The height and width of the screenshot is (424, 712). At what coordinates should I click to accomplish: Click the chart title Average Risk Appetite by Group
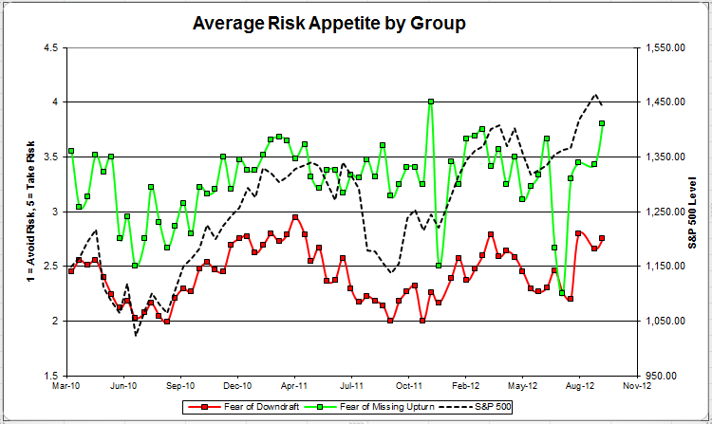tap(329, 23)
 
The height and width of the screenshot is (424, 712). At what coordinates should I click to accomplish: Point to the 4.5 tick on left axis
tap(52, 47)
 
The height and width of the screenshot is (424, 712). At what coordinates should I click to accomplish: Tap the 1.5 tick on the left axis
tap(52, 376)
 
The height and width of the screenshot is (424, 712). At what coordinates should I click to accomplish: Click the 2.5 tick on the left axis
tap(52, 267)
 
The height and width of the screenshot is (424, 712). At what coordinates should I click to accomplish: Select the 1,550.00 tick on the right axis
tap(665, 47)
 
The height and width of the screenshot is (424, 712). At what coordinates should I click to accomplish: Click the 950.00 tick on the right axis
tap(669, 376)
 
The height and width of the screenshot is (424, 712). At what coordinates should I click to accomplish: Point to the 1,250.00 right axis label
tap(665, 212)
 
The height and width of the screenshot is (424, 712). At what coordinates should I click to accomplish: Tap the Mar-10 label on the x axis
tap(66, 387)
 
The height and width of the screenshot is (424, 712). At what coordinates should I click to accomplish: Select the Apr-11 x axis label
tap(294, 387)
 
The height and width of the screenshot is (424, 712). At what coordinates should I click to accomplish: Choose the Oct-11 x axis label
tap(408, 387)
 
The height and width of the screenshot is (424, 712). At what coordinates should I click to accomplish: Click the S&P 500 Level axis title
tap(696, 212)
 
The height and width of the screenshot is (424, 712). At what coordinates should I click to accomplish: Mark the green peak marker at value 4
tap(431, 101)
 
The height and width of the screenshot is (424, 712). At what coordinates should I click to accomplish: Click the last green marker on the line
tap(602, 123)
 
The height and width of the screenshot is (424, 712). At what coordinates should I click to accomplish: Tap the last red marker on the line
tap(602, 238)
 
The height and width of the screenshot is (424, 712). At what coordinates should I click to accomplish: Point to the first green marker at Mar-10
tap(71, 152)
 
